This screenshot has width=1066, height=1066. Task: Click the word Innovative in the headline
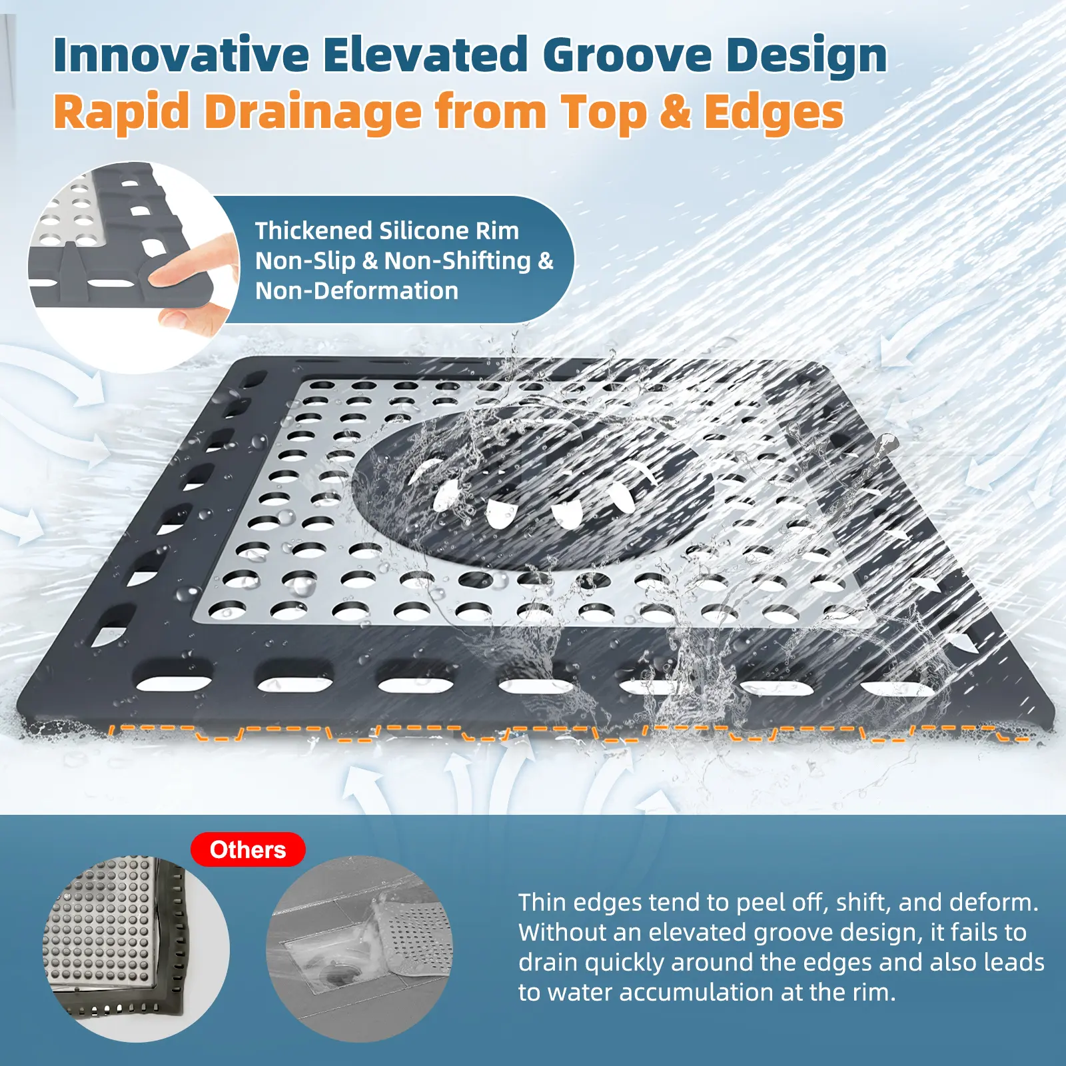tap(181, 55)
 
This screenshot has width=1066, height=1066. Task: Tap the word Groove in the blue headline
tap(628, 55)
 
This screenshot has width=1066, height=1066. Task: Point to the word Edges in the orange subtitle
tap(774, 111)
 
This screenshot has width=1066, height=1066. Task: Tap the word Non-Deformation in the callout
tap(357, 290)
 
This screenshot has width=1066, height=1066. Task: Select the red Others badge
tap(248, 849)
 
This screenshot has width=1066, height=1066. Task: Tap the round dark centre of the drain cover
tap(533, 490)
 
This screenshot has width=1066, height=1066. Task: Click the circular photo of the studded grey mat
tap(136, 949)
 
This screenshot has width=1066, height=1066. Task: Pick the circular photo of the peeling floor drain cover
tap(360, 949)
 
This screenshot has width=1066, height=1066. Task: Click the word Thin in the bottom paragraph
tap(542, 902)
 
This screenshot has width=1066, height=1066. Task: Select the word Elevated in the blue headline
tap(426, 55)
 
